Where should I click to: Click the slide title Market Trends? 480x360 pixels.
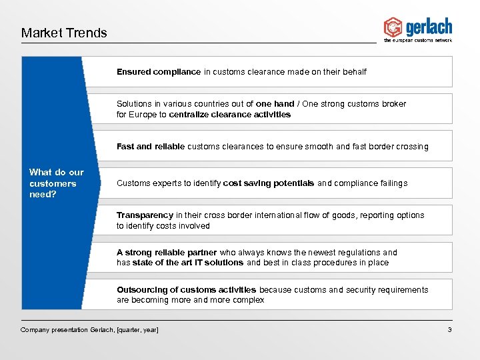[x=64, y=33]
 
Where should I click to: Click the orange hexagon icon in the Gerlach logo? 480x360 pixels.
[x=393, y=27]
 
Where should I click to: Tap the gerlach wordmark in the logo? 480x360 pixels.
[x=428, y=27]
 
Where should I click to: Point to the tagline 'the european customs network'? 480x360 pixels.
[x=417, y=41]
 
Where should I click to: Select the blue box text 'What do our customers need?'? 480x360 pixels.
[x=57, y=183]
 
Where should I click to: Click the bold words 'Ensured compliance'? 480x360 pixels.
[x=159, y=72]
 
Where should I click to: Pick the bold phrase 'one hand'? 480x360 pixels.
[x=275, y=104]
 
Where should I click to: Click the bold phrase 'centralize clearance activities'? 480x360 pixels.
[x=230, y=115]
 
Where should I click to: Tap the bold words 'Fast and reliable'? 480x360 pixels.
[x=151, y=147]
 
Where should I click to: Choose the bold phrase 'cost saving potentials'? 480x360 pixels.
[x=269, y=183]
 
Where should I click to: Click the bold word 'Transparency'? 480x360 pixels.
[x=145, y=215]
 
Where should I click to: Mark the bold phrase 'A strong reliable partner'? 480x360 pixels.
[x=167, y=253]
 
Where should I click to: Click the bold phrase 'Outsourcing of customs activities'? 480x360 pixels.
[x=186, y=290]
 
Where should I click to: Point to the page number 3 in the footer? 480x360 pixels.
[x=450, y=330]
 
